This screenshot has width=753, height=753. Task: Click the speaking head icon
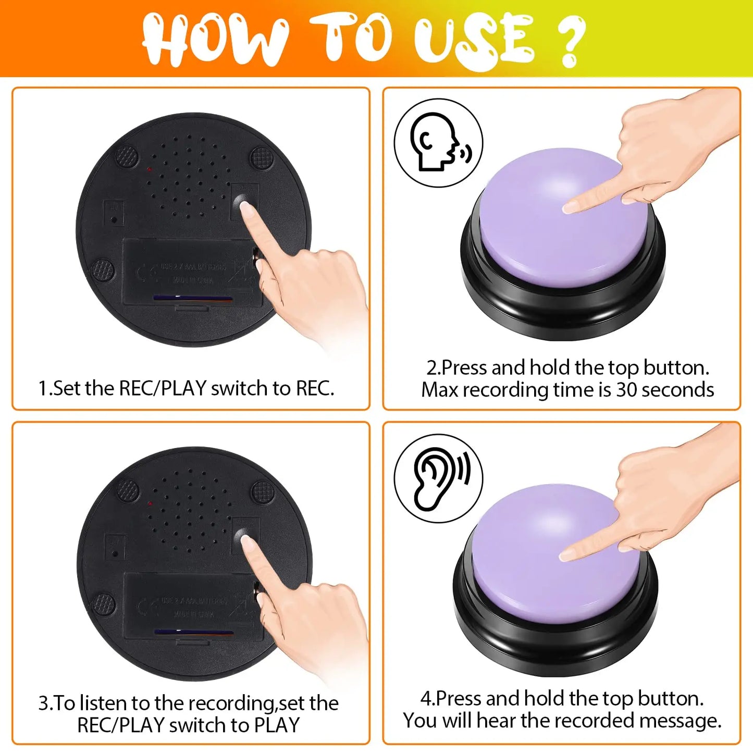click(438, 142)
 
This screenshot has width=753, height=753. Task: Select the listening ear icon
click(438, 478)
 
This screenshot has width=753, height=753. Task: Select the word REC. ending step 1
click(315, 388)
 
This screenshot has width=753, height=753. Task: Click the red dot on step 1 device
click(149, 169)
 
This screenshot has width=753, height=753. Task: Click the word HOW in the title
click(214, 39)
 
